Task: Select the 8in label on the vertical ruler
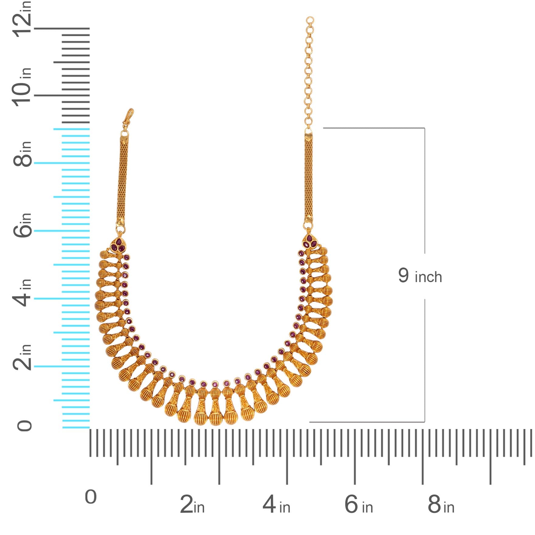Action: (22, 154)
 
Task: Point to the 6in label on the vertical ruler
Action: (22, 225)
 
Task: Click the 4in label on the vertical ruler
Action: (22, 292)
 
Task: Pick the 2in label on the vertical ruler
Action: (22, 357)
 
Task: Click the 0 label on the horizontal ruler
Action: (91, 497)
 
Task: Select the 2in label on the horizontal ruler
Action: (192, 505)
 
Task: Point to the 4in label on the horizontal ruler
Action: (276, 505)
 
